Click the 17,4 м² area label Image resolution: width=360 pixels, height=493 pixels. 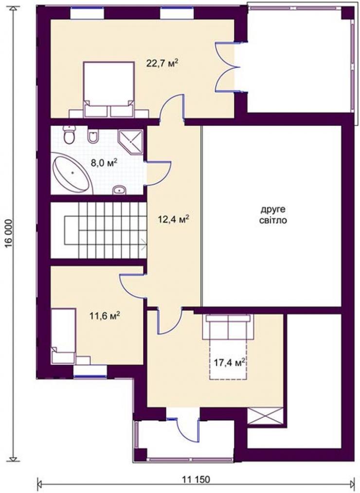[x=230, y=363]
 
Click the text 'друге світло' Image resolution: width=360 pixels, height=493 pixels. [x=273, y=215]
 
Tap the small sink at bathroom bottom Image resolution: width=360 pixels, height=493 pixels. [x=119, y=190]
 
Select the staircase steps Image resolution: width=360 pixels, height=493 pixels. [x=106, y=230]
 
